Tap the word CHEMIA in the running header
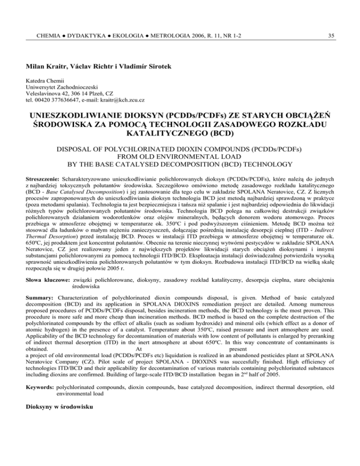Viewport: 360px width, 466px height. tap(45, 21)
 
